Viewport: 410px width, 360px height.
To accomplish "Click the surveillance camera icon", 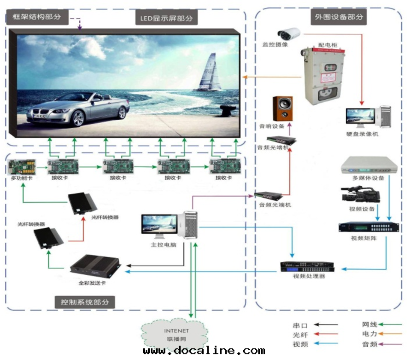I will pyautogui.click(x=289, y=33).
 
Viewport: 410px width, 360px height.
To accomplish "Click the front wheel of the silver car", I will pyautogui.click(x=78, y=118).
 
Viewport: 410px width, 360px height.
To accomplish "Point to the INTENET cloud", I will pyautogui.click(x=176, y=334).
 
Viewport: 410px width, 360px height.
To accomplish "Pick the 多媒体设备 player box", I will pyautogui.click(x=368, y=166).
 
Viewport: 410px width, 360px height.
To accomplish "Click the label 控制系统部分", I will pyautogui.click(x=84, y=302).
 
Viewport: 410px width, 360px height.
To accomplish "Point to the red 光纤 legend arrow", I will pyautogui.click(x=326, y=334).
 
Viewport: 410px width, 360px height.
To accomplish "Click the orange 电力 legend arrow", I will pyautogui.click(x=390, y=334).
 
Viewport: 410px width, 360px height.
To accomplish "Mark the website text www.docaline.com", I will pyautogui.click(x=204, y=351).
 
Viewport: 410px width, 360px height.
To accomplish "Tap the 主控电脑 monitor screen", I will pyautogui.click(x=160, y=224).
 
